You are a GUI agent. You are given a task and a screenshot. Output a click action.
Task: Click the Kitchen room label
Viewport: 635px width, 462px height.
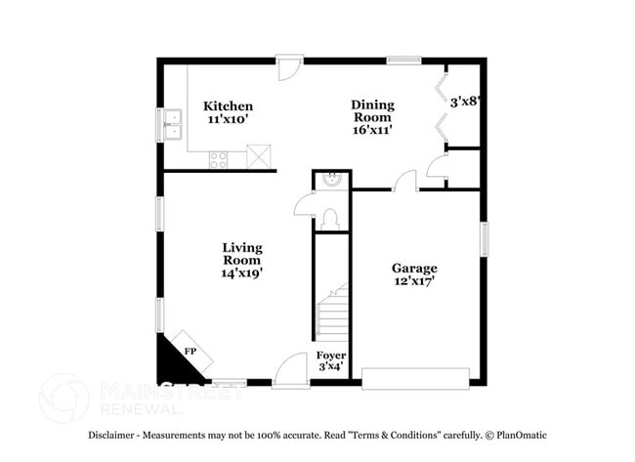228,105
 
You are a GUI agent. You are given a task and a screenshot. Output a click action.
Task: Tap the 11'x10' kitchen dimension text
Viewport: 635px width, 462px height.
228,119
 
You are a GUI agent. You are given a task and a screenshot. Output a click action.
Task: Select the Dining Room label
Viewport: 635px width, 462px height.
373,110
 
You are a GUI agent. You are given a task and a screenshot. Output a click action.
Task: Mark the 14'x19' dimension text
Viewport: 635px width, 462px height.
241,273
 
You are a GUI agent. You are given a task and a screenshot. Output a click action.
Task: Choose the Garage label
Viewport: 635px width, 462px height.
414,268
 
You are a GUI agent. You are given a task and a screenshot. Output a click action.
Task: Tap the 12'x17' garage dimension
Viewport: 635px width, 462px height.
414,281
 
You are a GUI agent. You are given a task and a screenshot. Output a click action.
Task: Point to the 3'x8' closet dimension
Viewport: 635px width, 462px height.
465,100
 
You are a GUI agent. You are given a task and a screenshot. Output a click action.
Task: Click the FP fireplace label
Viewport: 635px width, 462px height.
190,351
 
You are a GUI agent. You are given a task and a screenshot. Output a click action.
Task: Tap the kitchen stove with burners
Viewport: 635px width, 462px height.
218,159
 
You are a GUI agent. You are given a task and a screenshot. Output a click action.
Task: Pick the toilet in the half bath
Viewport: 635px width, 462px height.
330,217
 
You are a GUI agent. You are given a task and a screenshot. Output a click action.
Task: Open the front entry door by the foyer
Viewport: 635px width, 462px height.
290,372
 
